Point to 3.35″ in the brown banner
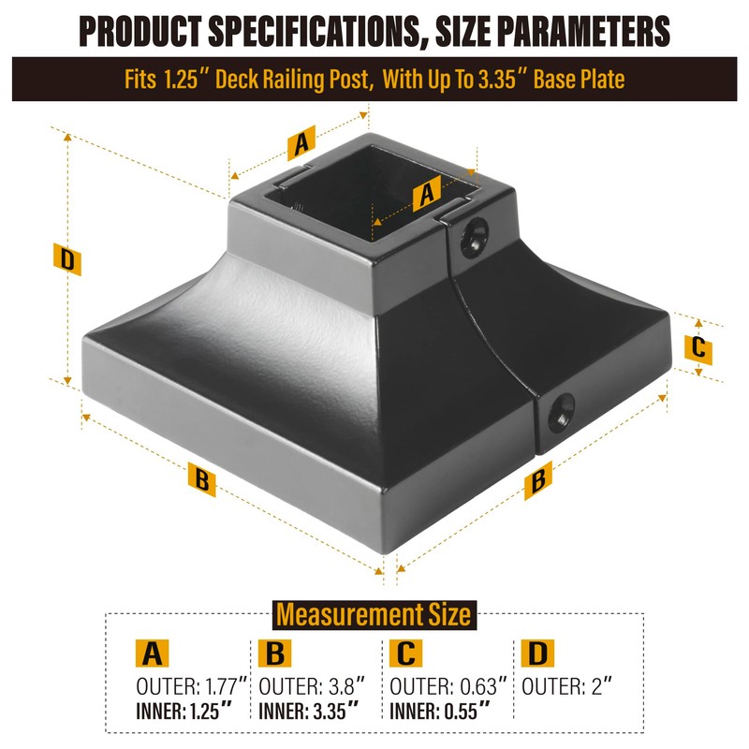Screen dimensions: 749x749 [x=508, y=79]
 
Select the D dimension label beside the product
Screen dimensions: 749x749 [x=66, y=259]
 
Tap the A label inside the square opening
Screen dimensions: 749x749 [x=426, y=193]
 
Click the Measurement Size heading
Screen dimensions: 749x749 [x=373, y=615]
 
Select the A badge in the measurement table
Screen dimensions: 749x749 [x=152, y=653]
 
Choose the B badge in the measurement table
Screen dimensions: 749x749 [x=275, y=653]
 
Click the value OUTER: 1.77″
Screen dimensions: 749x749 [x=191, y=686]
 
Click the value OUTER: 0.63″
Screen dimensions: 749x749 [x=448, y=686]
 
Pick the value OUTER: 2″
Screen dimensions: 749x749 [x=566, y=686]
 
